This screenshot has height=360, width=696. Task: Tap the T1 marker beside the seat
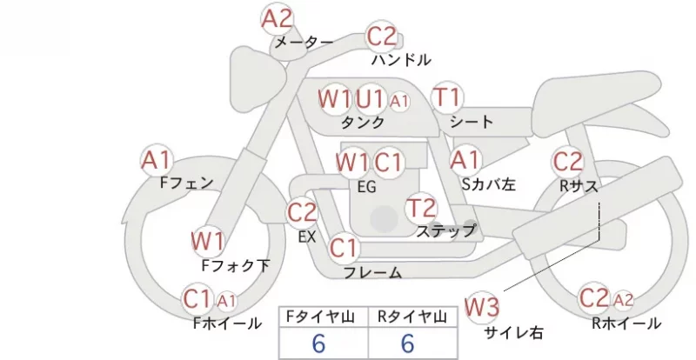coord(447,97)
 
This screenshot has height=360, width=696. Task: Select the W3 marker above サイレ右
coord(482,307)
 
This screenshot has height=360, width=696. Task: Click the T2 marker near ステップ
coord(421,208)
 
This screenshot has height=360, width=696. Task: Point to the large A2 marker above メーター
coord(277,18)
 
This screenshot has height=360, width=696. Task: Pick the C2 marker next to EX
coord(302,212)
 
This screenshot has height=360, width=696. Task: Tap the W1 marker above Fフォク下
coord(208,242)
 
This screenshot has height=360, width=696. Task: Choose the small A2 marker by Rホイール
coord(623,301)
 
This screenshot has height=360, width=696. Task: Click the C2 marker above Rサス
coord(568,162)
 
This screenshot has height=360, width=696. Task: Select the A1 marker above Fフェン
coord(157,160)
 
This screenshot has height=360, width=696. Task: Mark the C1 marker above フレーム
coord(344,248)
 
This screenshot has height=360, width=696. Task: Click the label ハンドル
coord(401,59)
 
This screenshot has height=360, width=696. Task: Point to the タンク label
coord(362,122)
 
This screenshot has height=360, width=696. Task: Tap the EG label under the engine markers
coord(366,187)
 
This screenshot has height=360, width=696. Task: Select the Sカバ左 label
coord(488,183)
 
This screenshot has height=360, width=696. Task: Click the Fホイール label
coord(227,323)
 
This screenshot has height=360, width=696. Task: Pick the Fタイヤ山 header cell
coord(324,317)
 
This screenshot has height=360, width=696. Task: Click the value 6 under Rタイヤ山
coord(408,343)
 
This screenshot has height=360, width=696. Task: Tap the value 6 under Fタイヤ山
coord(318,343)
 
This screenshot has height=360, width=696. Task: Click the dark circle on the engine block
coord(384,219)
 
